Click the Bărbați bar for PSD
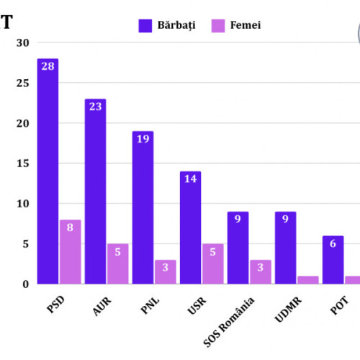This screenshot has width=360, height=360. point(48,173)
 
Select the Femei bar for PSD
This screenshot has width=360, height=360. point(70,252)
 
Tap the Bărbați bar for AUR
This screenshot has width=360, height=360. point(95,192)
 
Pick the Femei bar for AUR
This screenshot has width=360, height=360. point(117,264)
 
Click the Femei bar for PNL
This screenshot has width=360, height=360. point(165,271)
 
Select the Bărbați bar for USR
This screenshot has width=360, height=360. point(190,228)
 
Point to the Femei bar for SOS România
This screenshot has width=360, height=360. point(260,271)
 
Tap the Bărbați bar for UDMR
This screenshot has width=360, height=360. point(285,248)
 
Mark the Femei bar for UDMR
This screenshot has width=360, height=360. point(307,279)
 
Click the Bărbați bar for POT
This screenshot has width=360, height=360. point(333,259)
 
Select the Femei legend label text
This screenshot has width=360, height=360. point(246,25)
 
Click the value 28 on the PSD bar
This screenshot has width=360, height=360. point(48,67)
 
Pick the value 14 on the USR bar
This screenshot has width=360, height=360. point(190,179)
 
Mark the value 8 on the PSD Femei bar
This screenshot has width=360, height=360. point(70,228)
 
